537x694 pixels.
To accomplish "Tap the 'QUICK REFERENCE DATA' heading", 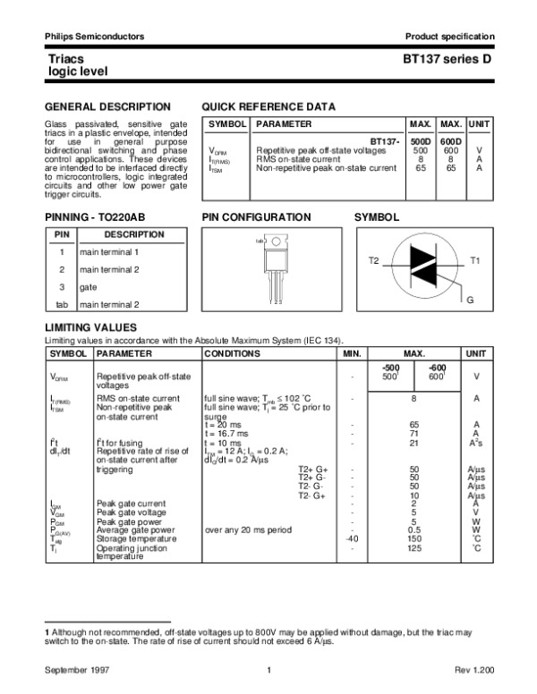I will point(269,106).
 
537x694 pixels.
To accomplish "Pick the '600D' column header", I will point(451,142).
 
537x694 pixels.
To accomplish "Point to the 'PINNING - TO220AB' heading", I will point(95,217).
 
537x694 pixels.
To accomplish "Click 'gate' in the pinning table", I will point(89,287).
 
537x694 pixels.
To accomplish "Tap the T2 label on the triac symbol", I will point(373,259).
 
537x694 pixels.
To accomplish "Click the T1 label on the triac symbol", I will point(475,259).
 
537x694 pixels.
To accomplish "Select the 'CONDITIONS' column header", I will point(232,354).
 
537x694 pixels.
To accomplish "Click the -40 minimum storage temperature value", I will point(352,539).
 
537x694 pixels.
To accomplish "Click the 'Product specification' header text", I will point(449,36).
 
